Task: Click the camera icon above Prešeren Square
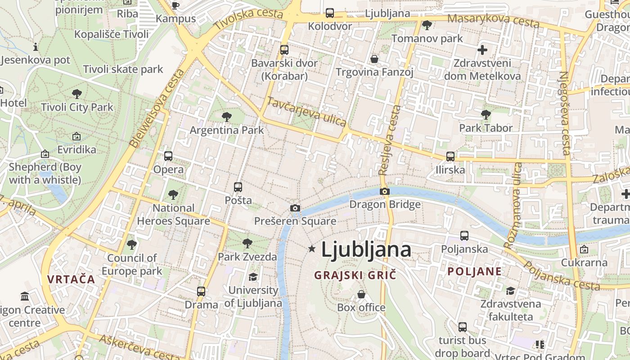pyautogui.click(x=295, y=208)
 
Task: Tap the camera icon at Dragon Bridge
pyautogui.click(x=384, y=191)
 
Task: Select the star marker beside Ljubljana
pyautogui.click(x=311, y=248)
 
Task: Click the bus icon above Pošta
pyautogui.click(x=238, y=187)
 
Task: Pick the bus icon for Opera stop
pyautogui.click(x=168, y=156)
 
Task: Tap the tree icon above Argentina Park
pyautogui.click(x=227, y=117)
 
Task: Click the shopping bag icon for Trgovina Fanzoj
pyautogui.click(x=374, y=59)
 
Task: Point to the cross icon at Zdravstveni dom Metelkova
pyautogui.click(x=482, y=49)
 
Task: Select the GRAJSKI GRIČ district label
pyautogui.click(x=355, y=275)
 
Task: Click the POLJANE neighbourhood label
pyautogui.click(x=475, y=271)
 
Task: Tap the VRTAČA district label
pyautogui.click(x=71, y=279)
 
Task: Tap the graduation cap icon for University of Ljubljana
pyautogui.click(x=253, y=277)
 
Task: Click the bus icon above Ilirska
pyautogui.click(x=450, y=157)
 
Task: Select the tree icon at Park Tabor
pyautogui.click(x=486, y=115)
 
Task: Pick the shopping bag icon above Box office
pyautogui.click(x=361, y=294)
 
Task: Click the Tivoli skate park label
pyautogui.click(x=123, y=69)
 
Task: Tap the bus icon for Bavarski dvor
pyautogui.click(x=284, y=50)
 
